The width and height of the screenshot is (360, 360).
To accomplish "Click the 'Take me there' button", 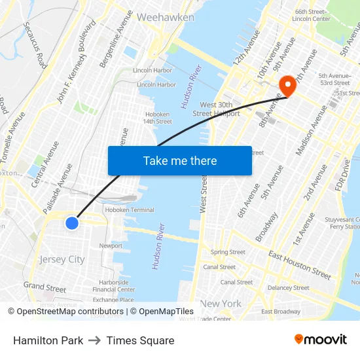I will (x=179, y=160).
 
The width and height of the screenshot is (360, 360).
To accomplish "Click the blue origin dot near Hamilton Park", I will (x=72, y=223).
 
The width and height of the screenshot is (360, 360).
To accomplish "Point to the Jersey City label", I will (x=62, y=259).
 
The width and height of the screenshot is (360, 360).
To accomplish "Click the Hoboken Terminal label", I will (x=130, y=210).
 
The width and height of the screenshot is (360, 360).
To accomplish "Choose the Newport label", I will (x=111, y=246).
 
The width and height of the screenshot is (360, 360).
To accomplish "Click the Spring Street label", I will (x=228, y=252).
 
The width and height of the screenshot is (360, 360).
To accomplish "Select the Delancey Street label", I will (x=288, y=287).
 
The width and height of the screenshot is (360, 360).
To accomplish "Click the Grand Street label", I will (x=45, y=287).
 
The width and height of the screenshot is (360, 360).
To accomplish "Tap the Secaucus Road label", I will (x=35, y=45).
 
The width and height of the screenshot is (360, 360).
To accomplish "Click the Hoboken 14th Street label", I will (x=157, y=117).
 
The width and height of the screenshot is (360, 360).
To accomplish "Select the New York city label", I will (x=221, y=304).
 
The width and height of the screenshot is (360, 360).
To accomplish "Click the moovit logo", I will (x=320, y=339).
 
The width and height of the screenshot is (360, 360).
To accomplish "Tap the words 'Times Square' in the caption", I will (x=140, y=340).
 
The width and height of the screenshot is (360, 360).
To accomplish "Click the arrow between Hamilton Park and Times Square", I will (x=95, y=340).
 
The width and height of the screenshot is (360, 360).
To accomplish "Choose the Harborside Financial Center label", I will (x=114, y=285).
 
